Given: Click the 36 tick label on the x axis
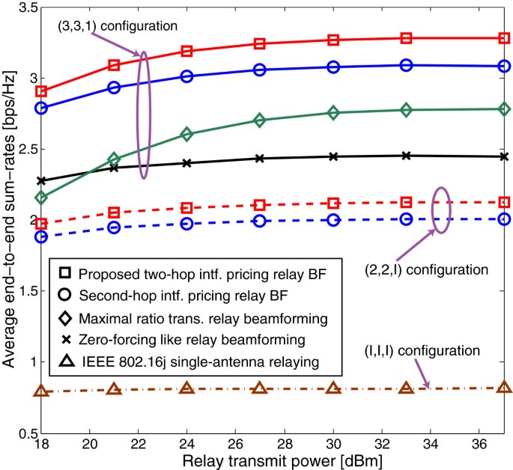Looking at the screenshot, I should click(x=479, y=442).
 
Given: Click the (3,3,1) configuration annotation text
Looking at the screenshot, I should click(x=116, y=25).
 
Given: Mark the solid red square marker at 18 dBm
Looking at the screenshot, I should click(x=42, y=91).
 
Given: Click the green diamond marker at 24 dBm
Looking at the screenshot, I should click(x=187, y=134).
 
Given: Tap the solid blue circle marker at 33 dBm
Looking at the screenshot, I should click(x=406, y=65).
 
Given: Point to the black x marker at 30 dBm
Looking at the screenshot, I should click(x=333, y=156).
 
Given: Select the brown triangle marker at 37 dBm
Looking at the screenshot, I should click(x=503, y=388).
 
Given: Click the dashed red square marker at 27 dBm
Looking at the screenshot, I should click(x=260, y=205).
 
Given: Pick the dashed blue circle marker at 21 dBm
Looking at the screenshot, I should click(x=114, y=228).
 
